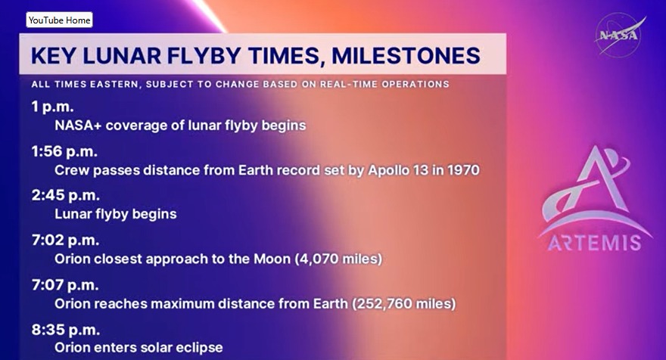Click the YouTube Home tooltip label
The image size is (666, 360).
[59, 20]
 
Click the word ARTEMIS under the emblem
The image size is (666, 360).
[595, 243]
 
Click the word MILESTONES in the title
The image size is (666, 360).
[406, 56]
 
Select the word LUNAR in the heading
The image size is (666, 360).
[122, 56]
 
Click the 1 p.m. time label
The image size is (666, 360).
[52, 107]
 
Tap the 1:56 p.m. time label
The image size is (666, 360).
[64, 151]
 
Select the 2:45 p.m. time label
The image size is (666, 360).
[65, 195]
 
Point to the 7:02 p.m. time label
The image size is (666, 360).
[65, 241]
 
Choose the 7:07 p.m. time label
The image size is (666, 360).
[65, 285]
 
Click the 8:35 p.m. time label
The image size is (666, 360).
[65, 330]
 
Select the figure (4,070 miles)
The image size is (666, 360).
[338, 259]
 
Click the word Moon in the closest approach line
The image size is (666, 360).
[272, 259]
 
